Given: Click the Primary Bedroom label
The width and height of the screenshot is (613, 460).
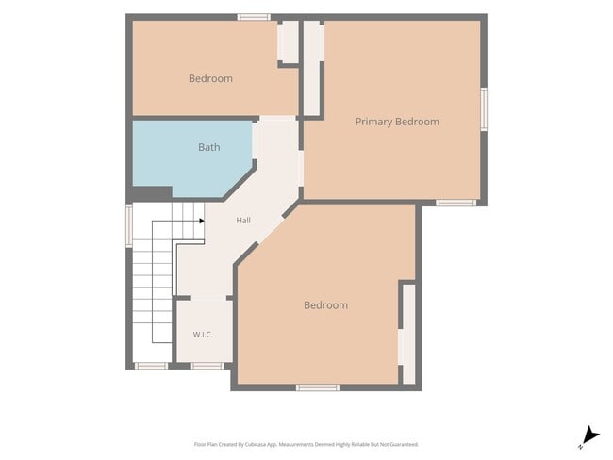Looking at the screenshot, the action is (397, 122).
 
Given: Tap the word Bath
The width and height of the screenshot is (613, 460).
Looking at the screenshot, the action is (209, 147).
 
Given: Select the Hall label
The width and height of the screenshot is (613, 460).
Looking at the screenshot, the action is (243, 221).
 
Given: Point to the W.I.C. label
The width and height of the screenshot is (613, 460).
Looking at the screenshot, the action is (203, 335).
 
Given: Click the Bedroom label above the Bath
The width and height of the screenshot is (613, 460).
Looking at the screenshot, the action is (210, 78).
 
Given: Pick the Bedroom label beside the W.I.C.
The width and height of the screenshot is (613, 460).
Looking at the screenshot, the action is (325, 305).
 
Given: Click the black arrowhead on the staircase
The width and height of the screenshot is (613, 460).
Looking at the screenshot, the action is (202, 221).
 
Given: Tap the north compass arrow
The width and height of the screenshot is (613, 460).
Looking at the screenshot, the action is (590, 435).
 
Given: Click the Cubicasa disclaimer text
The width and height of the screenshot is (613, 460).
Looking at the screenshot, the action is (306, 444).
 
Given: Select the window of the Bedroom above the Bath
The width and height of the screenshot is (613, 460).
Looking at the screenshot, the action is (254, 17).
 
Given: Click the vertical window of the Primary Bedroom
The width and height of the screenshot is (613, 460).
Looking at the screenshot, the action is (484, 109).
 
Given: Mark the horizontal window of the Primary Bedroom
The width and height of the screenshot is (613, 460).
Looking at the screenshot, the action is (456, 203).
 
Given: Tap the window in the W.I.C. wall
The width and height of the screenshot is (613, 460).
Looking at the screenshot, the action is (207, 366).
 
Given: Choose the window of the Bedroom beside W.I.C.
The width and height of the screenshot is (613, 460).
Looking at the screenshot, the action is (318, 387).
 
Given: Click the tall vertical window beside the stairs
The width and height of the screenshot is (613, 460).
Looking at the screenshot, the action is (129, 225).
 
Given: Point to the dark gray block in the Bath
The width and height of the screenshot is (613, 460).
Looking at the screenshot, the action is (152, 193).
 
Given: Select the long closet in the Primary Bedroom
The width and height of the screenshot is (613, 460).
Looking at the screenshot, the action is (312, 68).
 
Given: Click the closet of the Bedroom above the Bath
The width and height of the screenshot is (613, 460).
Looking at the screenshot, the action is (289, 41).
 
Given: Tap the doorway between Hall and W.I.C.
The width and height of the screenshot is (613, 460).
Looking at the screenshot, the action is (208, 298).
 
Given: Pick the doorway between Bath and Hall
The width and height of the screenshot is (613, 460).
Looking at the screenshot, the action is (255, 141).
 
